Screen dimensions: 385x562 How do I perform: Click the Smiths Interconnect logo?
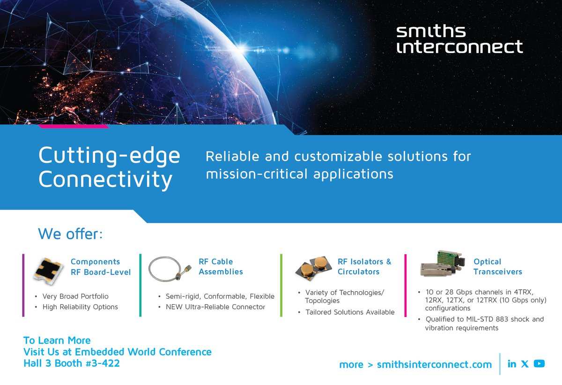(459, 39)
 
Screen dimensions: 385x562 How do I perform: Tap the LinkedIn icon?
(512, 364)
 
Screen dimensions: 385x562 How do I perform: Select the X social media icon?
(525, 364)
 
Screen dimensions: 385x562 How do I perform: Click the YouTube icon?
(539, 364)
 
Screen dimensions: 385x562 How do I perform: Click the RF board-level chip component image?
(49, 271)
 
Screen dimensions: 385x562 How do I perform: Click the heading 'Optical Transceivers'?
(497, 266)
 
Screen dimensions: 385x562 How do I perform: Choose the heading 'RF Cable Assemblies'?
(221, 266)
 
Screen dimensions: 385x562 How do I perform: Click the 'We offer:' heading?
(70, 234)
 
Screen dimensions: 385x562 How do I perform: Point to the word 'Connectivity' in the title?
(105, 180)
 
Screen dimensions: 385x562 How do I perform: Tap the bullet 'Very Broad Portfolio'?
(75, 296)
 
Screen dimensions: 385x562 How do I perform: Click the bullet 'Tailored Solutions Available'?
(349, 312)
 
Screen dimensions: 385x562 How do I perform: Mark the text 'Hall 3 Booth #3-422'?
(72, 363)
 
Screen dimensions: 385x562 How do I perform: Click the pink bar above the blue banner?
(74, 126)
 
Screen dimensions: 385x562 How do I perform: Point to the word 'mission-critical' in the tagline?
(258, 174)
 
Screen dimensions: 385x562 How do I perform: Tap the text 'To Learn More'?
(57, 340)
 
